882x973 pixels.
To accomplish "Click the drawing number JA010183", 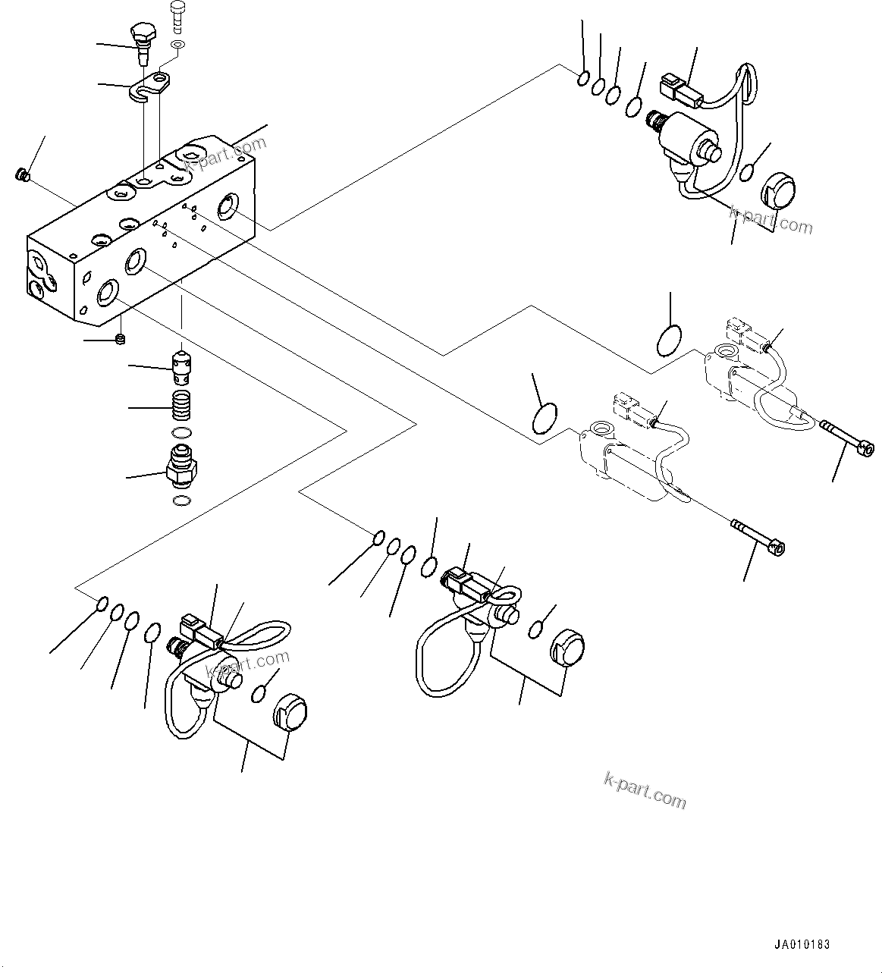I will click(802, 945).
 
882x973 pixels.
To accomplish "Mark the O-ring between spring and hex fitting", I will click(180, 433).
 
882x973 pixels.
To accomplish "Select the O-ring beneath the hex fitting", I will click(181, 500).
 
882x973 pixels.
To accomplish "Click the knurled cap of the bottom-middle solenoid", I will click(566, 648).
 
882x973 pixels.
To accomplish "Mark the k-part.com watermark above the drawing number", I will click(645, 790).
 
